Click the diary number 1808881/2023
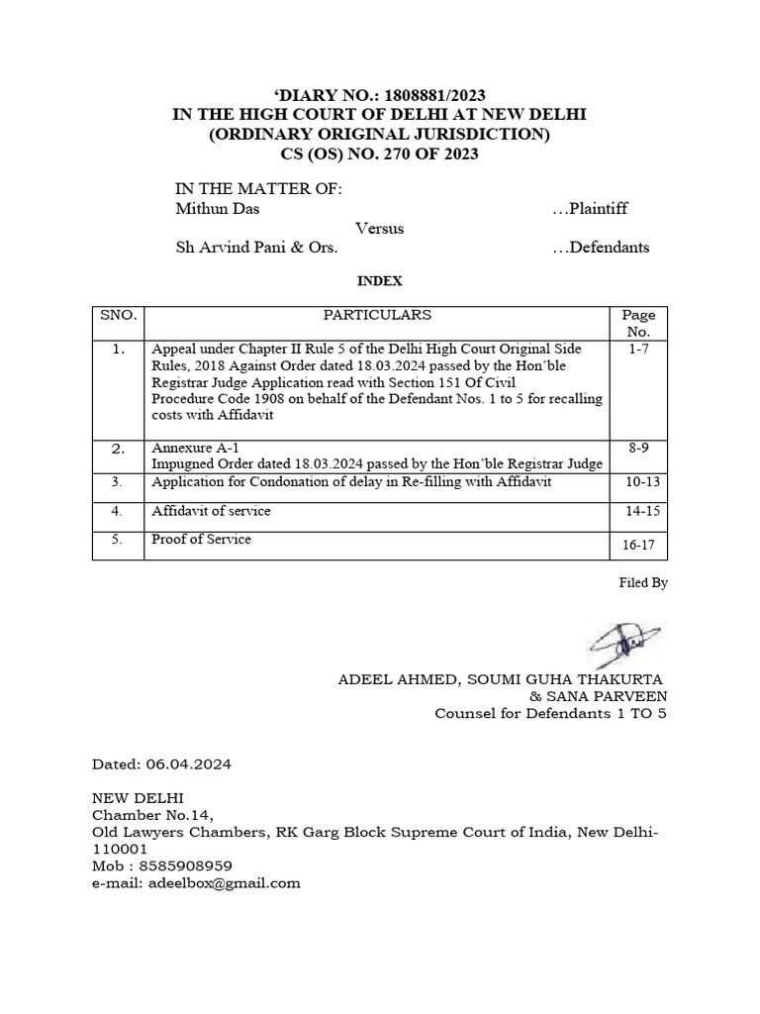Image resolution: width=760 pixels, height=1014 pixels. click(x=420, y=95)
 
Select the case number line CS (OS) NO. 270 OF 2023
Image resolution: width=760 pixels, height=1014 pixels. click(x=379, y=154)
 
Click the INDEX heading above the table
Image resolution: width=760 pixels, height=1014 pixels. click(x=379, y=281)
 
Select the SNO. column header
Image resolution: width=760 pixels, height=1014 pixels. click(x=118, y=315)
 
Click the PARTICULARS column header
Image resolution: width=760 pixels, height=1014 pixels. click(x=376, y=315)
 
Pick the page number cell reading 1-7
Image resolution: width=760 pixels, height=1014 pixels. click(x=638, y=350)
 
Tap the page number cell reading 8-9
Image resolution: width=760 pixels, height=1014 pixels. click(x=638, y=449)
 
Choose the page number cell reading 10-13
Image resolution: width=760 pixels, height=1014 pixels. click(x=638, y=482)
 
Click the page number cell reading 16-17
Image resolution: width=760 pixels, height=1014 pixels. click(x=638, y=545)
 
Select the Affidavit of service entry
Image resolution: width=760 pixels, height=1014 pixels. click(x=211, y=511)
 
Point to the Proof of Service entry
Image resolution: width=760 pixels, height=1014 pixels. click(x=201, y=540)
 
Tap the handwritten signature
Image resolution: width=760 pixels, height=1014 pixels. click(x=627, y=643)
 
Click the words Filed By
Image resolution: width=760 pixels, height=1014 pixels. click(x=644, y=583)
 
